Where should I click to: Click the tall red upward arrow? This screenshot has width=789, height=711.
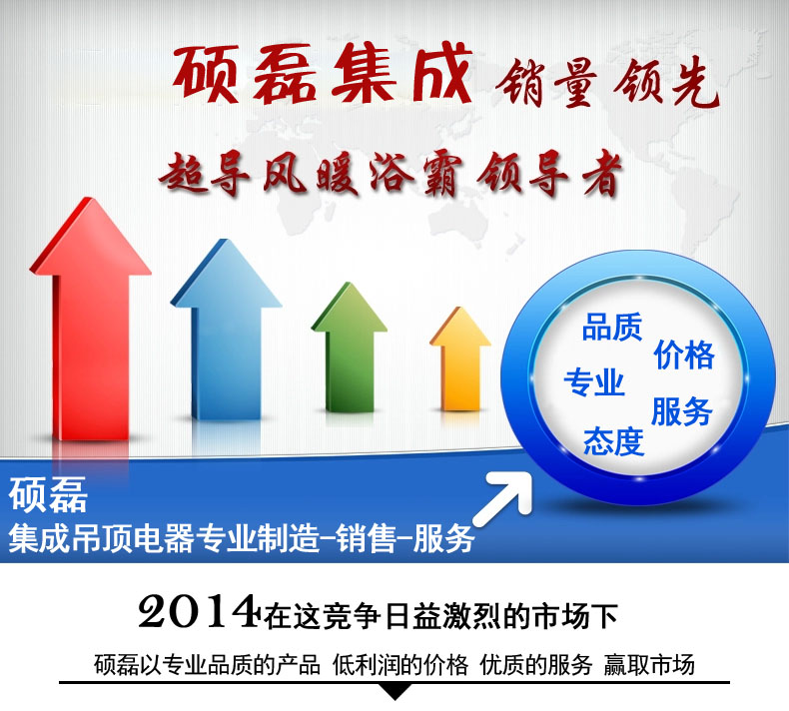tap(91, 322)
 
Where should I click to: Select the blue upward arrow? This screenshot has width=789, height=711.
tap(226, 333)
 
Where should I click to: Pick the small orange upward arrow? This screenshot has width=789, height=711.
tap(459, 359)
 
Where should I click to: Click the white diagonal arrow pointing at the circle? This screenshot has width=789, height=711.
tap(503, 498)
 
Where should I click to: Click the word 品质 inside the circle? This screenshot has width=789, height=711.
tap(612, 328)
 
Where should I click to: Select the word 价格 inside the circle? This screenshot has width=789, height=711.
tap(684, 355)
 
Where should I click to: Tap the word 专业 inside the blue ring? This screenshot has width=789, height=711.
tap(594, 382)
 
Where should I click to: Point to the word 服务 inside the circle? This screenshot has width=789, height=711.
tap(682, 412)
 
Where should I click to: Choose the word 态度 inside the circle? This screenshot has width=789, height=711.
tap(614, 442)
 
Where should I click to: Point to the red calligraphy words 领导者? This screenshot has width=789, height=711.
tap(549, 175)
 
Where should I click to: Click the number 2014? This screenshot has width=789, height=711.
tap(198, 611)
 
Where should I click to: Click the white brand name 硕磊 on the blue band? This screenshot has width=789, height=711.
tap(48, 494)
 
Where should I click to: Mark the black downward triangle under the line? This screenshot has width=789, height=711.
tap(395, 692)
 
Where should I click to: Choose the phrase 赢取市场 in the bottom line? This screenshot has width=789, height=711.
tap(649, 665)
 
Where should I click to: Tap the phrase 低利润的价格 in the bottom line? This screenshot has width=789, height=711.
tap(400, 665)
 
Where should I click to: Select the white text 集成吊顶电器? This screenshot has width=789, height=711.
tap(101, 539)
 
